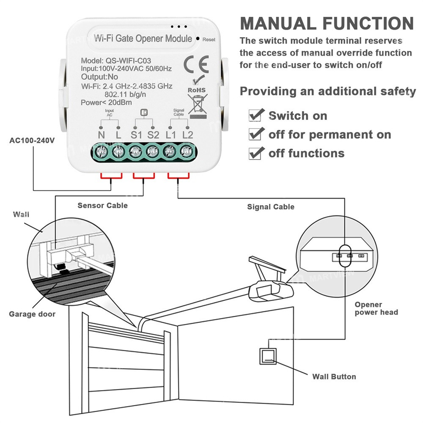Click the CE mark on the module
pos(196,64)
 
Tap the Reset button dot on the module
pos(198,39)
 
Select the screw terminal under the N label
pos(102,150)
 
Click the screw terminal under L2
pos(186,150)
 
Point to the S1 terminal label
pos(136,135)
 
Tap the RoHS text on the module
pos(196,90)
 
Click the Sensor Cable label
pos(102,206)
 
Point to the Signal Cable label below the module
pos(271,207)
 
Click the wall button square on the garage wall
pos(267,357)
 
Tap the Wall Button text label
pos(334,376)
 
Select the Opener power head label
pos(376,308)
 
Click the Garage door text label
pos(32,314)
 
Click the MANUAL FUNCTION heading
pos(327,23)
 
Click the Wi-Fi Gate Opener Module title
pos(143,39)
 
